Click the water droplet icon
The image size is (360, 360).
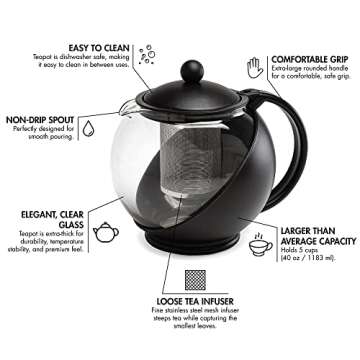click(87, 129)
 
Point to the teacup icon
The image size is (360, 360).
click(261, 245)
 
